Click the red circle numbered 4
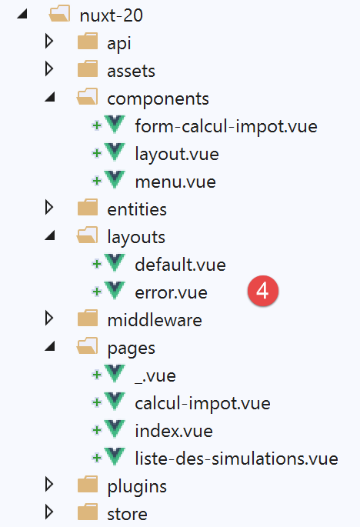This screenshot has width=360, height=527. (x=263, y=291)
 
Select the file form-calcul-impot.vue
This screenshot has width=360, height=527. (x=226, y=127)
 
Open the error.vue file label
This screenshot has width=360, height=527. (x=171, y=293)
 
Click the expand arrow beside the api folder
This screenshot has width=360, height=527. (x=49, y=42)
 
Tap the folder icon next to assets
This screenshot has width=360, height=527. (x=88, y=69)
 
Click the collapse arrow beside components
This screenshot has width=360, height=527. (x=50, y=97)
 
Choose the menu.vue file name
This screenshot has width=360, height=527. (x=175, y=182)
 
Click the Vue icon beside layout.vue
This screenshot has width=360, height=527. (x=115, y=152)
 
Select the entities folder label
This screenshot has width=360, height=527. (x=137, y=210)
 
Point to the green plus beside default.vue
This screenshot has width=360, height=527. (x=97, y=264)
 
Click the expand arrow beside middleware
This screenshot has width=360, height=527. (x=49, y=318)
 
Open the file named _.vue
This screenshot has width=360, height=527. (x=155, y=375)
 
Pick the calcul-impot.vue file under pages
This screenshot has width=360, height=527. (x=202, y=403)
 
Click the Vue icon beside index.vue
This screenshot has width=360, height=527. (x=115, y=429)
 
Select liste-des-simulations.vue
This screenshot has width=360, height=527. (x=236, y=459)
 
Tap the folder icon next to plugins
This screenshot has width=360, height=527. (x=88, y=484)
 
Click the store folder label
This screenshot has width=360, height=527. (x=127, y=514)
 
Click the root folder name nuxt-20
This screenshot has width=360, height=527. (x=112, y=15)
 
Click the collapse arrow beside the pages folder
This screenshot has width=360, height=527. (x=50, y=346)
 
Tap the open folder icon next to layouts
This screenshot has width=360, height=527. (x=88, y=235)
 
